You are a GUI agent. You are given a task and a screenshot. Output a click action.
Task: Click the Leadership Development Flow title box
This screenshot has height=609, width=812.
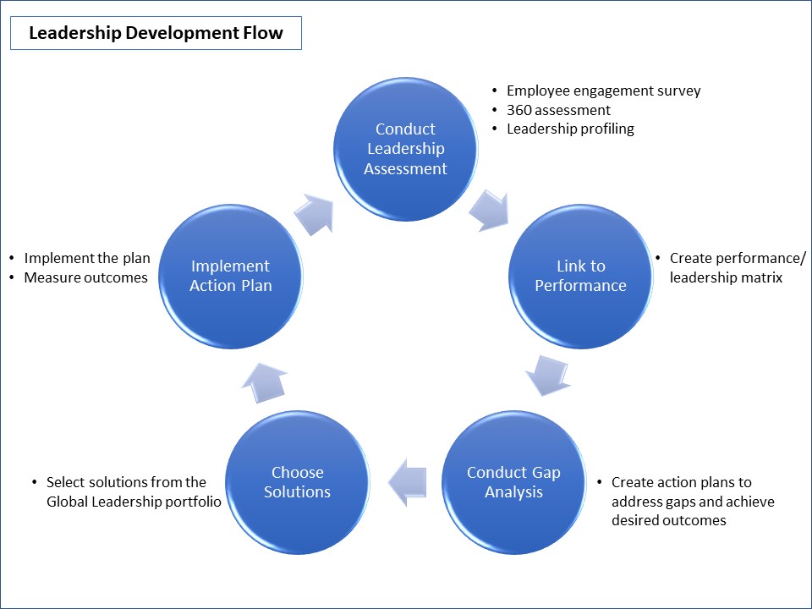156,34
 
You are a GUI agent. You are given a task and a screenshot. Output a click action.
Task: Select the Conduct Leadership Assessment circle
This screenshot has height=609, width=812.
405,149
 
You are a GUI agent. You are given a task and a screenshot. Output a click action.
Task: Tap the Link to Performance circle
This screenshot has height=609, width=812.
580,276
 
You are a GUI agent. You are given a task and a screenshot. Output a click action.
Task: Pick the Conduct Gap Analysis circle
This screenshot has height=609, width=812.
513,482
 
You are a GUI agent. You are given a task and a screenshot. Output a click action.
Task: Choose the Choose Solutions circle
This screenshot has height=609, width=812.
297,482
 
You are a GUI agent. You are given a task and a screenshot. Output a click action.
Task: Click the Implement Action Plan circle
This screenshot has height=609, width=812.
230,276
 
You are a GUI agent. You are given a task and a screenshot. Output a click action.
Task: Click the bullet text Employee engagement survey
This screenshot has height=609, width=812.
603,91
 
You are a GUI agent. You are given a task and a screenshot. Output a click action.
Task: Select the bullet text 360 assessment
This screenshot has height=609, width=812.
558,110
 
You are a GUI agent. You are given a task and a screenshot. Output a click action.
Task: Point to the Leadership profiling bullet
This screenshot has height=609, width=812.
570,129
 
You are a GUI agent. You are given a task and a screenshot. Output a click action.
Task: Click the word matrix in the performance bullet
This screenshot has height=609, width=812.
765,277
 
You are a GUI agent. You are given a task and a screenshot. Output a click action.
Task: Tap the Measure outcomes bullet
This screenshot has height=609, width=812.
85,277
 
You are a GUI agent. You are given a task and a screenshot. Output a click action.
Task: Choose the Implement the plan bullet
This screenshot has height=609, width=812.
87,258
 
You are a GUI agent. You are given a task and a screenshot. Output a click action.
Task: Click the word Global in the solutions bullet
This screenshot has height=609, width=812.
69,501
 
